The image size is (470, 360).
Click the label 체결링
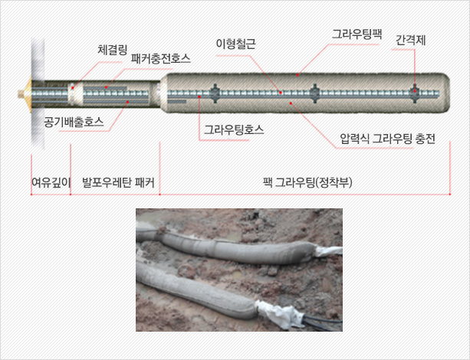113,50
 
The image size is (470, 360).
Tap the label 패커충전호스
161,58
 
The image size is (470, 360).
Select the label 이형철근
236,44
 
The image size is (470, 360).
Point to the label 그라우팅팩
357,34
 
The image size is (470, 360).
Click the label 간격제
411,41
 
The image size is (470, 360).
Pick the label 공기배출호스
74,122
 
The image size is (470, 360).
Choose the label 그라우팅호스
234,130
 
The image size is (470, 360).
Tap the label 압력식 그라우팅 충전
387,139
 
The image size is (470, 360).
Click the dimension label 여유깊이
51,182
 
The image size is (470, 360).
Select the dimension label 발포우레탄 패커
118,182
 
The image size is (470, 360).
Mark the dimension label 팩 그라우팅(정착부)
307,182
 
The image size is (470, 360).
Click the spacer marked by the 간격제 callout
415,93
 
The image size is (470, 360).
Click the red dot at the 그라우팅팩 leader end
297,75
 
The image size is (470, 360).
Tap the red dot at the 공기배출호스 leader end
128,102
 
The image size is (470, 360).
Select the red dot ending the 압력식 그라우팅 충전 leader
291,103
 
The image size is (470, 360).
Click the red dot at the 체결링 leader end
73,88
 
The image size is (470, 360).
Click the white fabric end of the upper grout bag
328,250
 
